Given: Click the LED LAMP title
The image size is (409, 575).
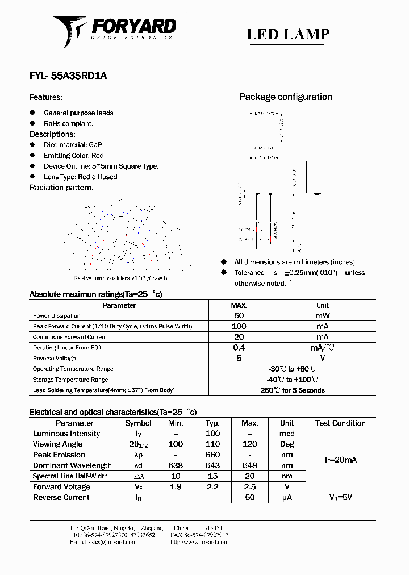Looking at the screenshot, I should point(288,34).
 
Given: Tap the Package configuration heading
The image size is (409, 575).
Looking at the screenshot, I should point(285,97).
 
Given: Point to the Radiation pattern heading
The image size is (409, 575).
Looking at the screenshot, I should point(61,188).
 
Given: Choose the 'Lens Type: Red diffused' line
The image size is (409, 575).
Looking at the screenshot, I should point(80,177).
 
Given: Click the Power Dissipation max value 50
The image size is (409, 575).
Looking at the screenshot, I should point(239,315).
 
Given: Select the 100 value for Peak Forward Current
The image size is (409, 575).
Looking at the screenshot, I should point(239,326).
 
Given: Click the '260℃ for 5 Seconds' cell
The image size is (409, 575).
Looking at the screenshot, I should point(293,390).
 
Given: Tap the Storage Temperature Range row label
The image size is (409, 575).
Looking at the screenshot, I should point(70,380).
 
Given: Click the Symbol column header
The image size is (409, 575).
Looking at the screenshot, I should point(138,423).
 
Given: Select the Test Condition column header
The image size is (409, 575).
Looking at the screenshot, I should point(340,423).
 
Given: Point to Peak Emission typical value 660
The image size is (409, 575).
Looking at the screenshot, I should point(212,455).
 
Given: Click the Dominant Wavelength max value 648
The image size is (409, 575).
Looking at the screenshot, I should point(250,466).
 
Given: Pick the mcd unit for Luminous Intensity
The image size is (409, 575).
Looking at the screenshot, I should point(287,434).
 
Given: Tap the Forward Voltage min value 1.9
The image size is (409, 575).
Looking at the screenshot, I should point(176,487).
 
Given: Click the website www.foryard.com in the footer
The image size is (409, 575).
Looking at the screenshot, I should point(199,542).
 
